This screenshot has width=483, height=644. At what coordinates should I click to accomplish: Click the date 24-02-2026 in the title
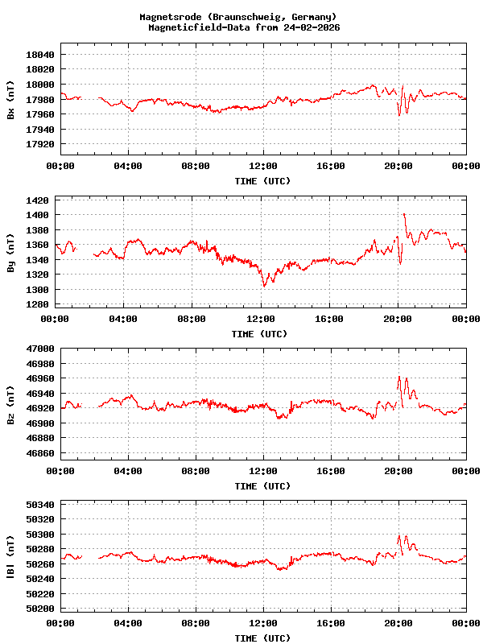[312, 27]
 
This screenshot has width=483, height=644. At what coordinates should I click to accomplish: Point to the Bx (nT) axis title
[10, 100]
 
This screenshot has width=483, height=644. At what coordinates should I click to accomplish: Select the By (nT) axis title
[10, 253]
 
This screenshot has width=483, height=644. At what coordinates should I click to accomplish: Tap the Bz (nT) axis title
[10, 404]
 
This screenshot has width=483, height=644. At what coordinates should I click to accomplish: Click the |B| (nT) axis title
[10, 557]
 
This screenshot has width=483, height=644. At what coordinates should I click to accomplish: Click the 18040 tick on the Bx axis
[41, 55]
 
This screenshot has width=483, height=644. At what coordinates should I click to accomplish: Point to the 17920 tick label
[41, 145]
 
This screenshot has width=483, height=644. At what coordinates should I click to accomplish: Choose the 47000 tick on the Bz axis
[41, 349]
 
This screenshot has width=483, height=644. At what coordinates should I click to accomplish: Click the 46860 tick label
[41, 454]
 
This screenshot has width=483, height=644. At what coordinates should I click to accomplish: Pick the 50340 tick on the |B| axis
[41, 505]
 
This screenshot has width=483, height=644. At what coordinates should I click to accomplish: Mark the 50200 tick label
[41, 609]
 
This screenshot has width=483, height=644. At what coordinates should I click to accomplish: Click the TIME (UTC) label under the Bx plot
[262, 181]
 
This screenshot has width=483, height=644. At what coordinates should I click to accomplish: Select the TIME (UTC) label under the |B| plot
[262, 638]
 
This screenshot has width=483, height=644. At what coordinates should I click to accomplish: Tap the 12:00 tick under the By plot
[262, 319]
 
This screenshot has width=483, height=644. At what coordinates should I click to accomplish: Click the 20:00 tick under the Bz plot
[398, 471]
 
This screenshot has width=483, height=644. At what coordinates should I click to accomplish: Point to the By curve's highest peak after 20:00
[404, 214]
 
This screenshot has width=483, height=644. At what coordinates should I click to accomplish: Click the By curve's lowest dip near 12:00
[264, 285]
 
